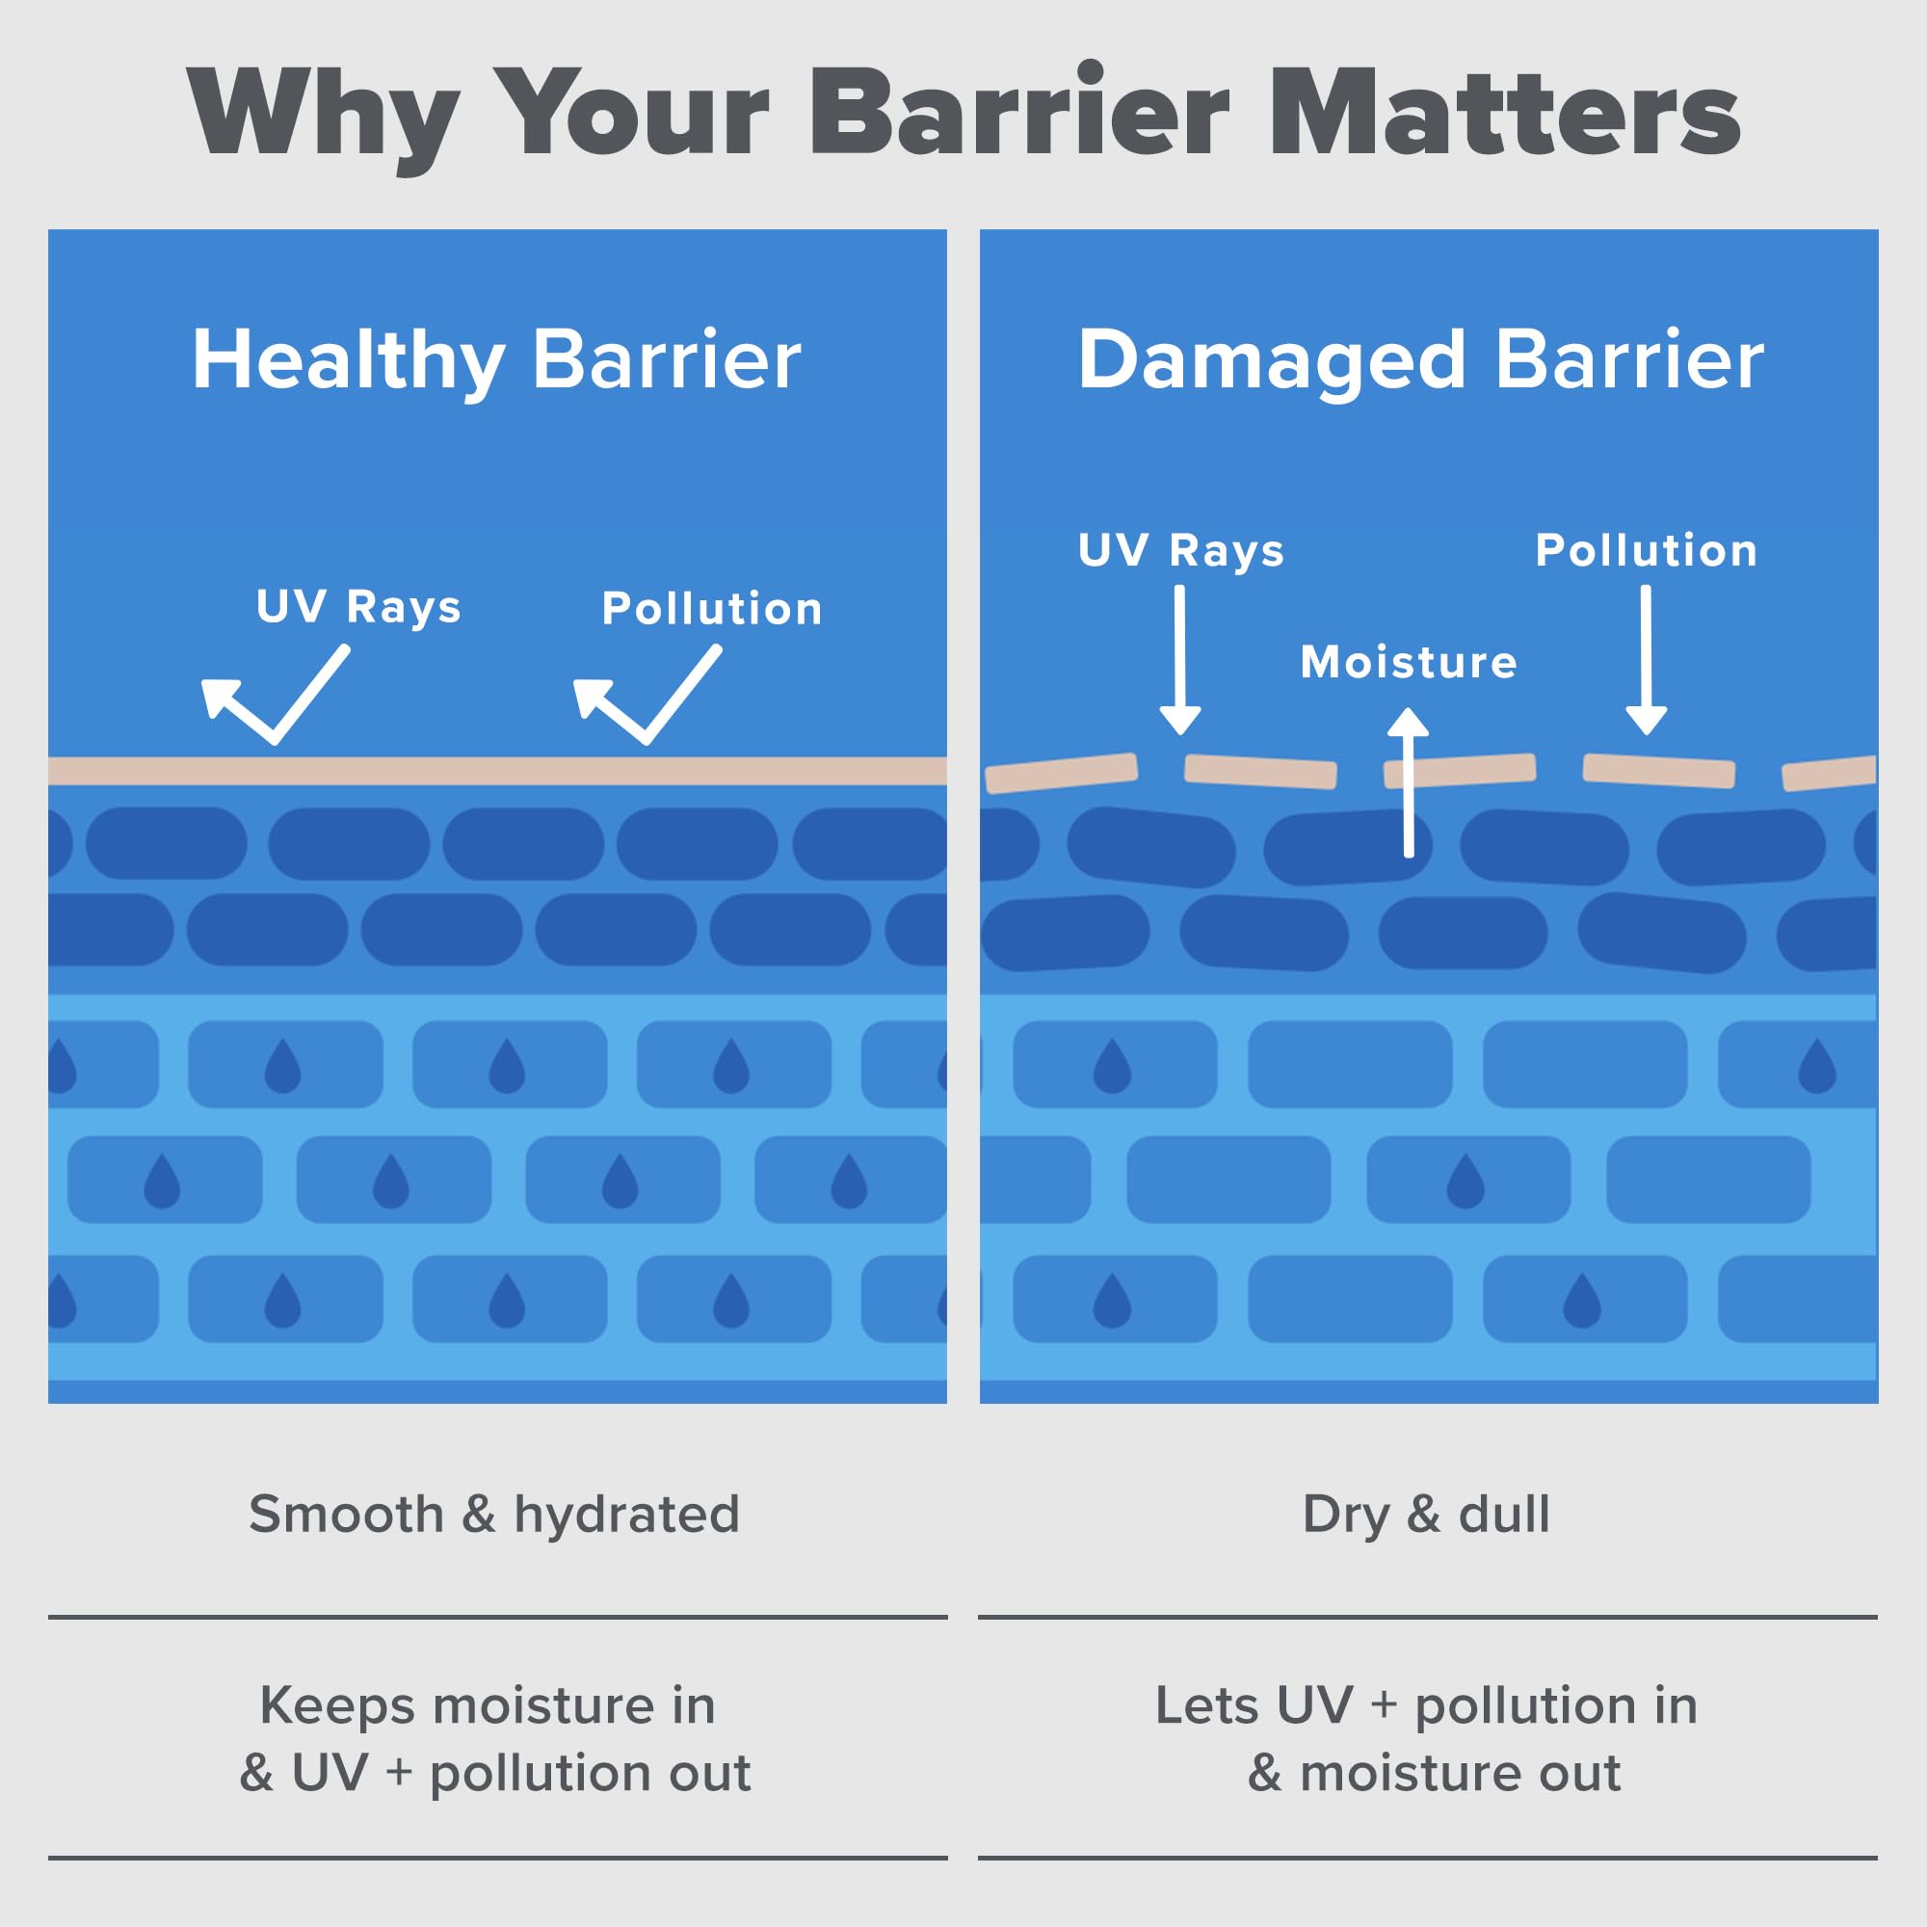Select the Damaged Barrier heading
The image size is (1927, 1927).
[1420, 361]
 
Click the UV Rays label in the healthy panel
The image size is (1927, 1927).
[359, 606]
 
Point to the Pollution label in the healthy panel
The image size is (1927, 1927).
[712, 608]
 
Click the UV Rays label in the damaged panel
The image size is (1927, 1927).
[1181, 550]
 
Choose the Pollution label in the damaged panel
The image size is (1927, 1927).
[1646, 550]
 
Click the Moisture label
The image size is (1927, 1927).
[1409, 662]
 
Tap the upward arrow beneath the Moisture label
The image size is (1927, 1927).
[1409, 782]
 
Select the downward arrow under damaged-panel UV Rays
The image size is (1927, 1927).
[1180, 660]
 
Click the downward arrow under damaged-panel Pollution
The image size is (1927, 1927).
[1646, 660]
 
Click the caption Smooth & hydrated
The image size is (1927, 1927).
[494, 1514]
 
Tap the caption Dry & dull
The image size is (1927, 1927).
[1426, 1514]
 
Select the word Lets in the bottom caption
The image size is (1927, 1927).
[1205, 1705]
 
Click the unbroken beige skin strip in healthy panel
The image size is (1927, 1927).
[497, 770]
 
